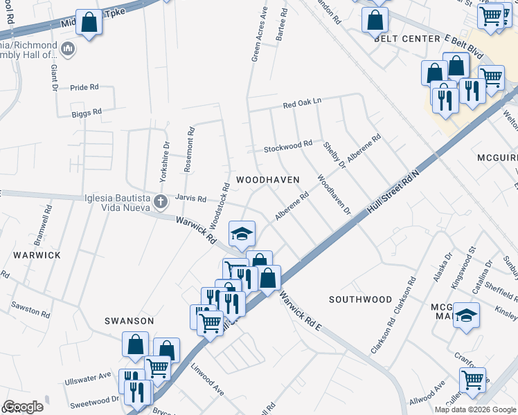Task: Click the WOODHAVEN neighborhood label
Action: [x=267, y=180]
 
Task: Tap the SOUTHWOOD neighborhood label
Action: [x=360, y=299]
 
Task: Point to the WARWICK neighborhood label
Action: [x=37, y=255]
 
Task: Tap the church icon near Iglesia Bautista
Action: [x=161, y=203]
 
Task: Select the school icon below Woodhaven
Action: [x=242, y=233]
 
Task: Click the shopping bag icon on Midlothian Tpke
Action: [x=89, y=23]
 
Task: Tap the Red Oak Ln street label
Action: [x=303, y=104]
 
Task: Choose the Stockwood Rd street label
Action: [x=288, y=146]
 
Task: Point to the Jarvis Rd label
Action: [x=190, y=199]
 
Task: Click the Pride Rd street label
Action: [x=84, y=87]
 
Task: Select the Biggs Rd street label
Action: [x=87, y=111]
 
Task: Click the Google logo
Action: [x=22, y=407]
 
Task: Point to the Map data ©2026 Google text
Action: [x=474, y=409]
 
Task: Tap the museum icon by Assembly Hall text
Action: [x=68, y=49]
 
